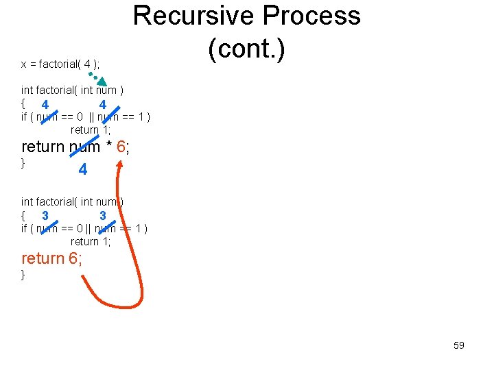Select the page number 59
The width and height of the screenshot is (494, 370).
[x=459, y=345]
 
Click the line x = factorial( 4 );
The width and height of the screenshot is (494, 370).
[x=60, y=64]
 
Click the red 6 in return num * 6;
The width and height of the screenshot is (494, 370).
[x=121, y=147]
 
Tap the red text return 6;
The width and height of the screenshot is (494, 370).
[x=53, y=258]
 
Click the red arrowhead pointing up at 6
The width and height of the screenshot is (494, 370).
[x=121, y=165]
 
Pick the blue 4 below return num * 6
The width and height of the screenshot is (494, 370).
[x=83, y=169]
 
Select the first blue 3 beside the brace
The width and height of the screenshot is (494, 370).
[x=45, y=216]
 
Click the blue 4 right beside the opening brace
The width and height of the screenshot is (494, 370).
[x=45, y=105]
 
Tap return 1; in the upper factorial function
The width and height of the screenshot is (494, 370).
[x=91, y=129]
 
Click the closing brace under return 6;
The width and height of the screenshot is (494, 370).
[x=23, y=275]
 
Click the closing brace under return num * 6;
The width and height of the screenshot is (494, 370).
[x=23, y=163]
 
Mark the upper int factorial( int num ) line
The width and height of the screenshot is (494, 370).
[x=72, y=90]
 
